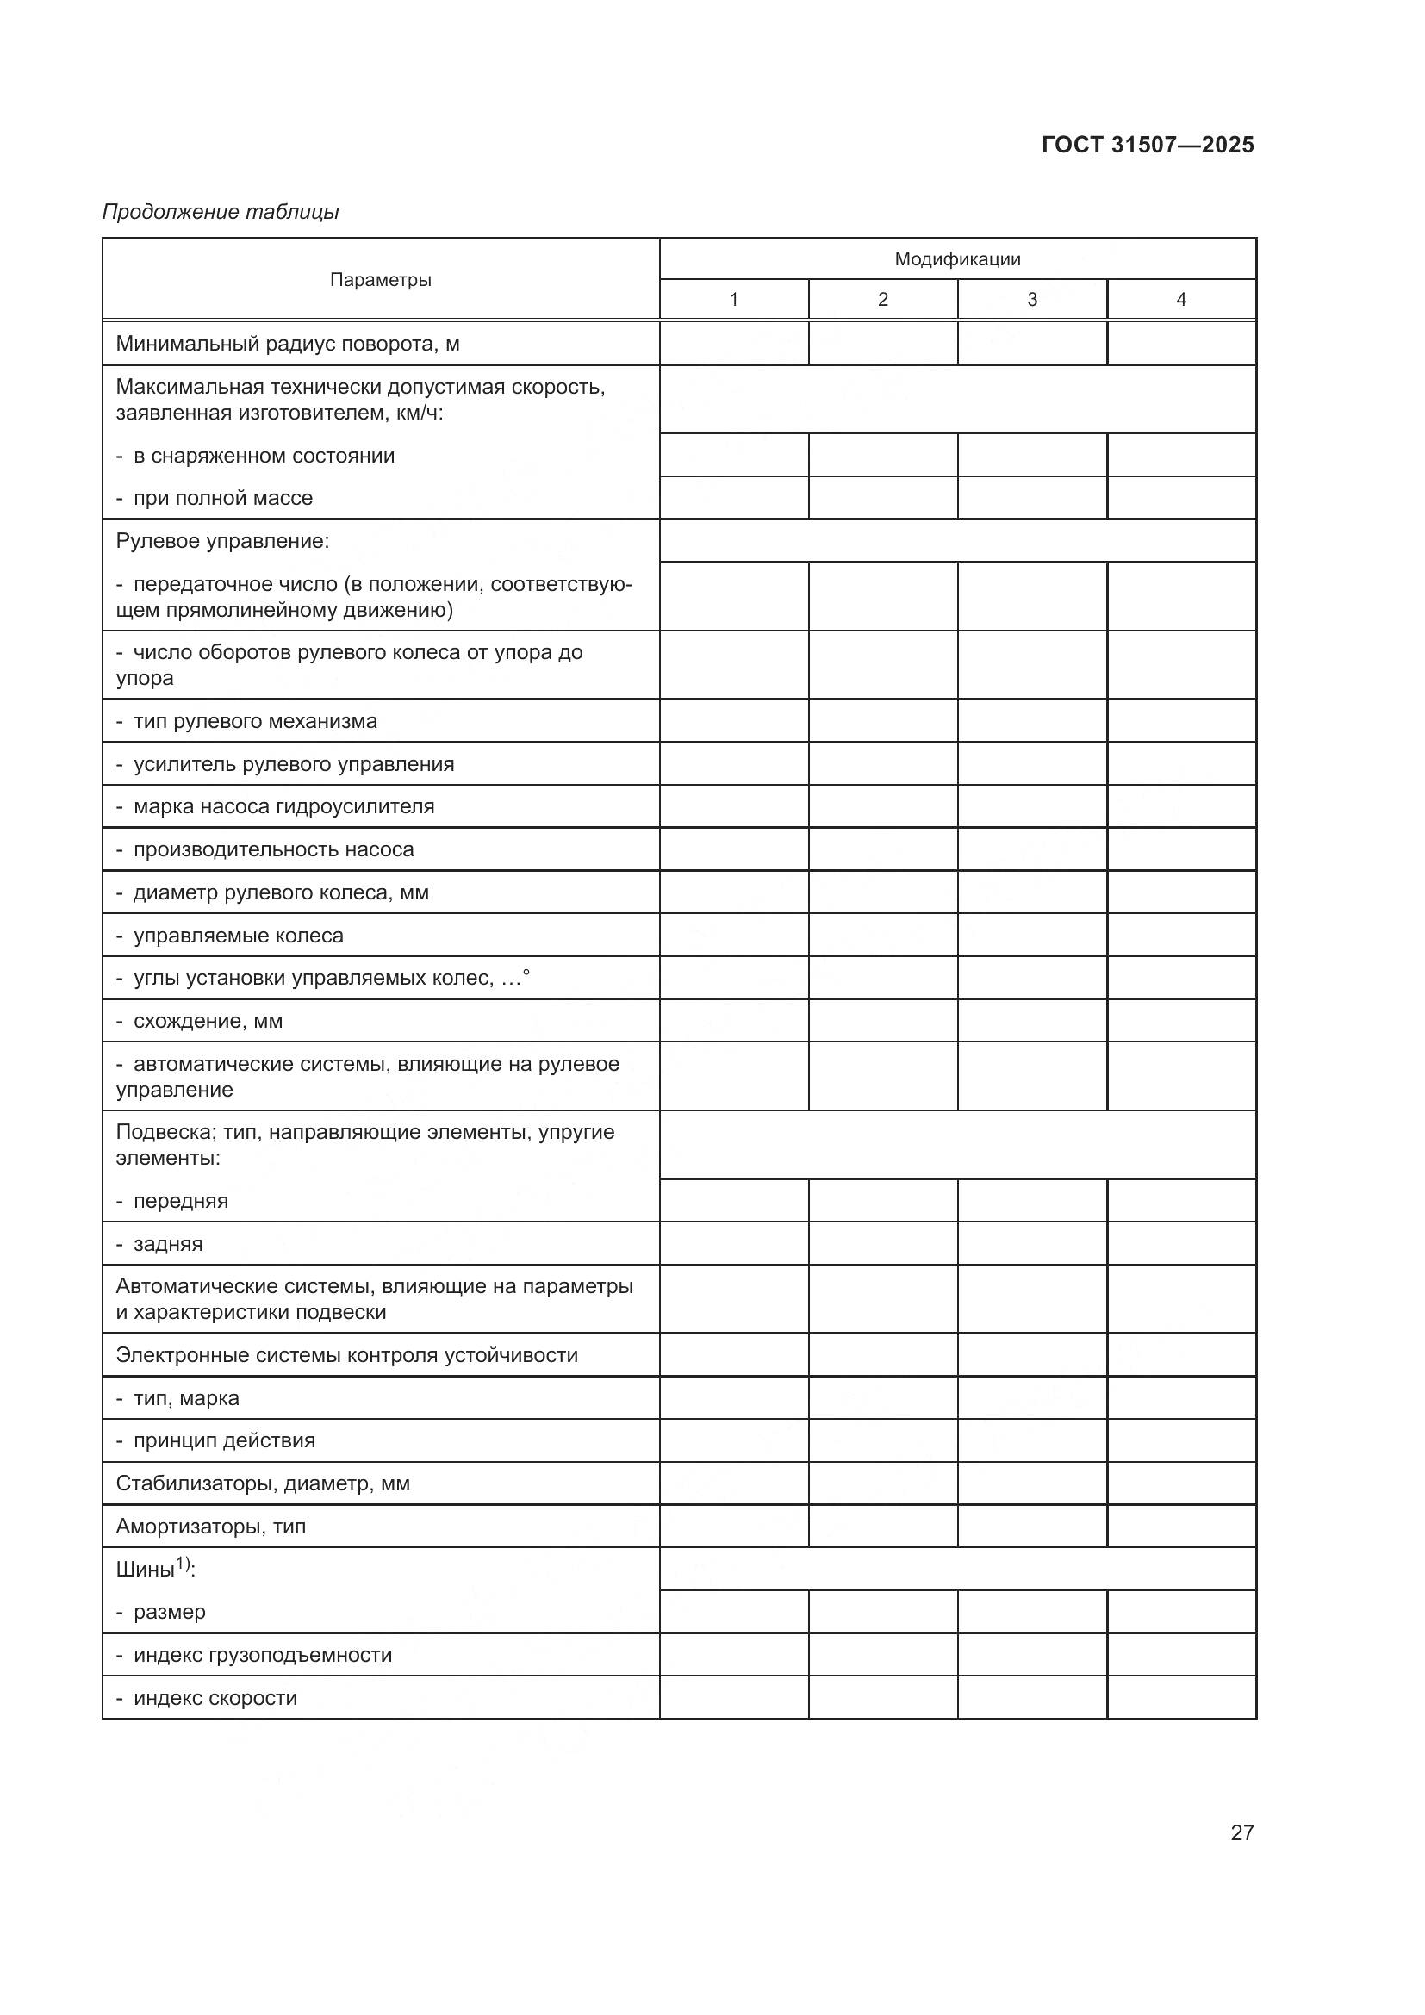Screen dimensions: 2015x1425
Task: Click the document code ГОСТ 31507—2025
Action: coord(1147,145)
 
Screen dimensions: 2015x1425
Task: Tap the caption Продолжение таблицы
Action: coord(221,212)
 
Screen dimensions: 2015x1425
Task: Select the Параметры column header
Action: coord(380,280)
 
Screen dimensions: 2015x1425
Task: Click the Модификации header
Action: coord(956,259)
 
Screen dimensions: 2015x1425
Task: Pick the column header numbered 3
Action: coord(1032,299)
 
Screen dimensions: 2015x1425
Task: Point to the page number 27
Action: coord(1241,1832)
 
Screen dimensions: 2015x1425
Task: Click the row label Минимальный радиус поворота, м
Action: coord(288,343)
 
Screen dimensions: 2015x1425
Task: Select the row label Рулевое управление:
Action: coord(223,541)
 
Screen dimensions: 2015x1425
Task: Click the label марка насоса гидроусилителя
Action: coord(283,805)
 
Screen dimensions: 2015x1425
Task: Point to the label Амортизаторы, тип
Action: coord(210,1527)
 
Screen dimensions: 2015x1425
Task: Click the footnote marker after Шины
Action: coord(183,1563)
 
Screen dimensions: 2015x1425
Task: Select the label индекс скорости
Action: coord(215,1697)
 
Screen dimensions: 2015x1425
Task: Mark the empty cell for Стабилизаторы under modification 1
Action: coord(733,1483)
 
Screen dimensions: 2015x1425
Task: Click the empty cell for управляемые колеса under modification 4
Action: coord(1181,935)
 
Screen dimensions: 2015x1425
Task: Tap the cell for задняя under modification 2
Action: coord(883,1244)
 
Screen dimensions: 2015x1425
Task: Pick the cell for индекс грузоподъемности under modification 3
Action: coord(1032,1654)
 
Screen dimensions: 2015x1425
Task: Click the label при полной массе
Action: coord(222,498)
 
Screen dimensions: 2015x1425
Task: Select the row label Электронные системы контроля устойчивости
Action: coord(346,1354)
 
